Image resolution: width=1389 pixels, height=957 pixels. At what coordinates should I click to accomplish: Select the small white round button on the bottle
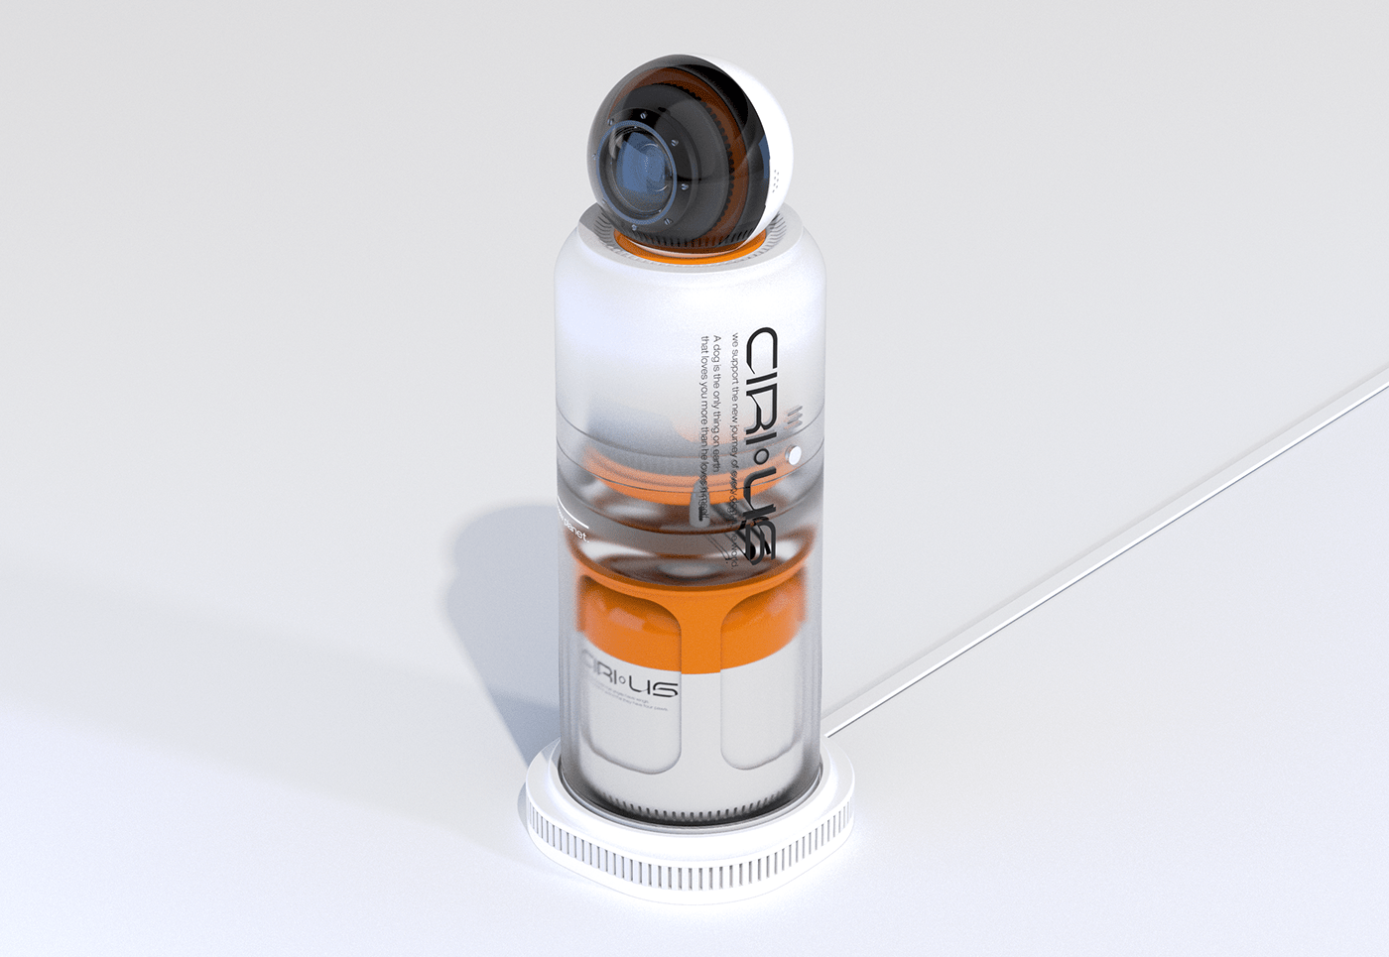click(794, 455)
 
